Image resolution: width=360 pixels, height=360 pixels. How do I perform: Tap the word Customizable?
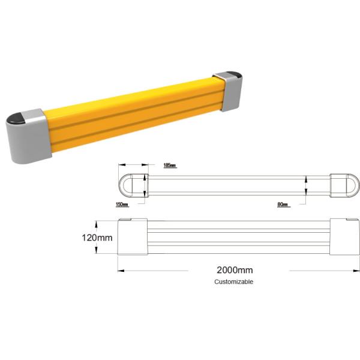coord(234,281)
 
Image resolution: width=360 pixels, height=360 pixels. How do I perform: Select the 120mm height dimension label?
coord(97,237)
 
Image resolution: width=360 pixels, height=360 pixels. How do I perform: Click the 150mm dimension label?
coord(121,205)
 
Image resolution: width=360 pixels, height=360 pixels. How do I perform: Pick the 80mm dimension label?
coord(283,205)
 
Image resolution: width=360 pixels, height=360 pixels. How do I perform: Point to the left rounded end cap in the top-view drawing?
coord(133,185)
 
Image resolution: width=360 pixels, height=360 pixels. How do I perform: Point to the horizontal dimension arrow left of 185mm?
coord(133,164)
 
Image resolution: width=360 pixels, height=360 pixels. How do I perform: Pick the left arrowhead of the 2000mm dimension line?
coord(121,271)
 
